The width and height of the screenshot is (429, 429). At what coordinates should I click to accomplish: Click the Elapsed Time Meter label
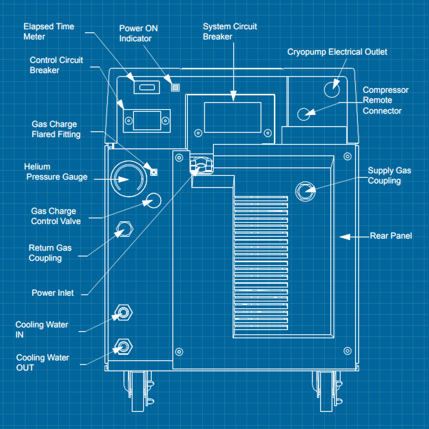point(49,31)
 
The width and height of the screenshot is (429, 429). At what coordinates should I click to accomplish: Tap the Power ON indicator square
point(175,87)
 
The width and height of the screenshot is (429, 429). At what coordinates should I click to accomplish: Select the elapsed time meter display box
point(147,87)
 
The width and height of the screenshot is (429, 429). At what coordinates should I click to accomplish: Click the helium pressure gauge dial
point(129,179)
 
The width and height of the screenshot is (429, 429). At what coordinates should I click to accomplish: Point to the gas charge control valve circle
point(154,200)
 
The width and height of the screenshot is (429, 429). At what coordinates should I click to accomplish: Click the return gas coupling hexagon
point(124,229)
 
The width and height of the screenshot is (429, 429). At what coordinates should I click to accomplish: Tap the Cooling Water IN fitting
point(123,313)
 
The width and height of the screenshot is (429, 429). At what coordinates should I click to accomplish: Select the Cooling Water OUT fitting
point(123,346)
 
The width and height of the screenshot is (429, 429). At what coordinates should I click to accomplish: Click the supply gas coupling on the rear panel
point(305,192)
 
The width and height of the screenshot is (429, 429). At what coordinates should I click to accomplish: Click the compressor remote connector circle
point(304,114)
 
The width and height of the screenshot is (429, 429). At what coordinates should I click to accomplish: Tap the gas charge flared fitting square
point(154,172)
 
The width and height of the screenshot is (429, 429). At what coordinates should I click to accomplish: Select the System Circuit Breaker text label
point(230,31)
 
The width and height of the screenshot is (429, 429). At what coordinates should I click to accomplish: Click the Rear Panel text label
point(391,236)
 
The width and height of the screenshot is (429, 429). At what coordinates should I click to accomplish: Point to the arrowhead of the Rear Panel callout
point(341,237)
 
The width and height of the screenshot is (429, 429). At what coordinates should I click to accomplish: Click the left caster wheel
point(138,391)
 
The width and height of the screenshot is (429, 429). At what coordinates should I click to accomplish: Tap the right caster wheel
point(326,391)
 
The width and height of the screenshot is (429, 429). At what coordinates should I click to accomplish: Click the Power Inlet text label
point(53,293)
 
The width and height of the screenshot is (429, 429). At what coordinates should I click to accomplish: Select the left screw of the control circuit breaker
point(129,121)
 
